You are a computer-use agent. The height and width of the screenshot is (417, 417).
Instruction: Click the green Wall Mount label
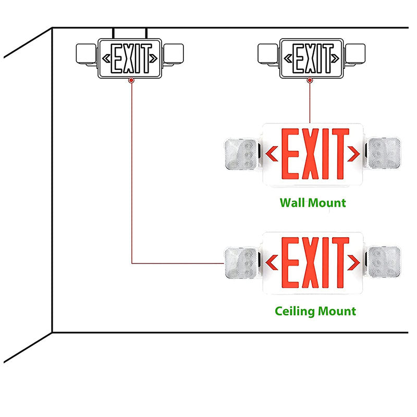[313, 202]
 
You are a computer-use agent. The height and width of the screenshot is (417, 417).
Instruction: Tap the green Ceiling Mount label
[315, 311]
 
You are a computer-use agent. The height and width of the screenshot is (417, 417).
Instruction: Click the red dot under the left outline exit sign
[131, 80]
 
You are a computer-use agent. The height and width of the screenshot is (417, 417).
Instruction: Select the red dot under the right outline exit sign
[310, 80]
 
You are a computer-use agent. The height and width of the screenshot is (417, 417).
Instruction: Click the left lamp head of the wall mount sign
[240, 154]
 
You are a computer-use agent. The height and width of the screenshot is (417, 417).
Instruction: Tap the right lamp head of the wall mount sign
[383, 154]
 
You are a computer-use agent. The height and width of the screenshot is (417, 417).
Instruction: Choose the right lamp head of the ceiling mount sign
[383, 262]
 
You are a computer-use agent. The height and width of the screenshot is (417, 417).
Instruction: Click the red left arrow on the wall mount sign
[272, 154]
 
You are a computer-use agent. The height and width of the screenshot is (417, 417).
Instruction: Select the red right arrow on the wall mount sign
[354, 154]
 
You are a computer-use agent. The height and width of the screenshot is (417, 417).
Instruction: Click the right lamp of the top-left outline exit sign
[174, 54]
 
